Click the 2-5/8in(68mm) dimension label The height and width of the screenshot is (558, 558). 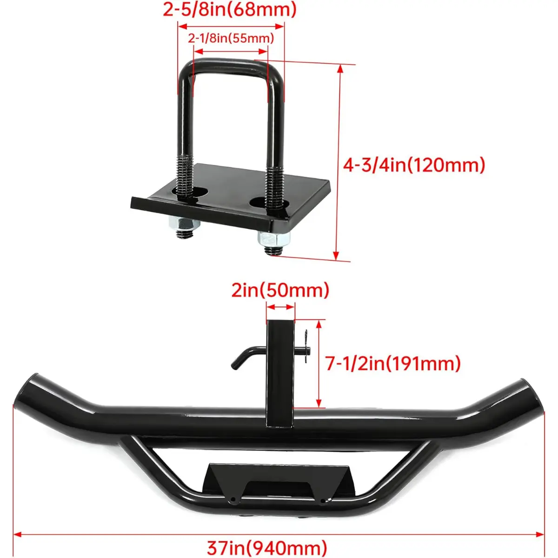[x=230, y=10]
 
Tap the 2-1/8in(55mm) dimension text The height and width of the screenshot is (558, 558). [x=231, y=38]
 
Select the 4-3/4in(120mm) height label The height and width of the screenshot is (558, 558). [x=414, y=166]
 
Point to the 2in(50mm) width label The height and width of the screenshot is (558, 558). [x=280, y=291]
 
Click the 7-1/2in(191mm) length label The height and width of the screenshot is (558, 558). [x=393, y=364]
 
